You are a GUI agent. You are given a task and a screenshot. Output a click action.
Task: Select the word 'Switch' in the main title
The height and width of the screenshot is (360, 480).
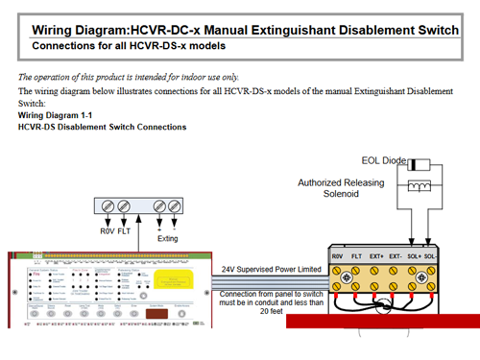[444, 28]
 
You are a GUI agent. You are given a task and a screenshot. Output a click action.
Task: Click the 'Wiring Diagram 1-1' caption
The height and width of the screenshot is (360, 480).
[53, 115]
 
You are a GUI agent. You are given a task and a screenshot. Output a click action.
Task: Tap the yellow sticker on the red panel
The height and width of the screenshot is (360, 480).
[179, 278]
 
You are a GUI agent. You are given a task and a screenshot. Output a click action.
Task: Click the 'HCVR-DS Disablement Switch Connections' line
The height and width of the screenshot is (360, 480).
[102, 126]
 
